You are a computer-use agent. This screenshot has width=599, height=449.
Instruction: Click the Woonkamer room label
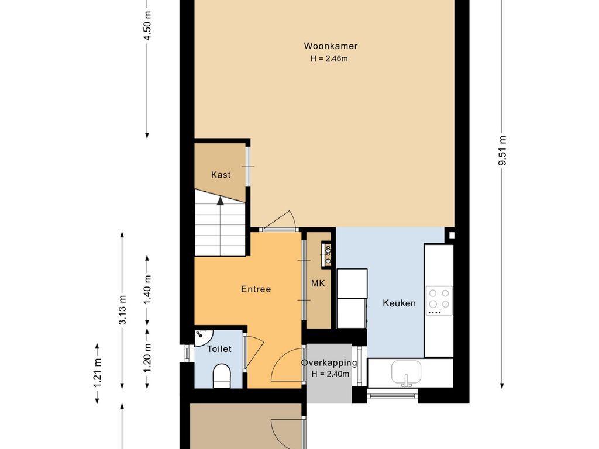331,46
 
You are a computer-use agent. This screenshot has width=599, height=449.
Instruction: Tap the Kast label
221,175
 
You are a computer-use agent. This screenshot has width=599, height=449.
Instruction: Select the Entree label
256,289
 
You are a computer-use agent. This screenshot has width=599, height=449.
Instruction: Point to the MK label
318,284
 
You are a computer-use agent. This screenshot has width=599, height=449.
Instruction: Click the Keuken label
399,303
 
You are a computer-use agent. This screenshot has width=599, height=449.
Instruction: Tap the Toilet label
219,348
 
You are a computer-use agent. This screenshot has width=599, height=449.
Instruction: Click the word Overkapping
329,363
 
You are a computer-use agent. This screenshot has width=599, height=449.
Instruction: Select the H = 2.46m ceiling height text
329,59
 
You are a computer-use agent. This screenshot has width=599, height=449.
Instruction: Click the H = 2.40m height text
331,374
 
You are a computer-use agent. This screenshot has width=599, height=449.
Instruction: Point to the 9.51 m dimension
502,150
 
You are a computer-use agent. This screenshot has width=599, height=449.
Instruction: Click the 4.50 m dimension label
147,25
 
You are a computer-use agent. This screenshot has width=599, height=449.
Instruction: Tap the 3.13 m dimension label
122,310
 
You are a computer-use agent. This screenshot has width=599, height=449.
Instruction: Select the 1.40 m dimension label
147,289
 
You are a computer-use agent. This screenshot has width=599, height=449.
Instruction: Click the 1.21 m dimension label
97,372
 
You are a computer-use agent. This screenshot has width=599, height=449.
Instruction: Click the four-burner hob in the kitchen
439,301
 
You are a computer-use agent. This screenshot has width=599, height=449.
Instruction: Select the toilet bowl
222,376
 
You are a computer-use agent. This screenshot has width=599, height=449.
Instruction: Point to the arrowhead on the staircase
221,201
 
